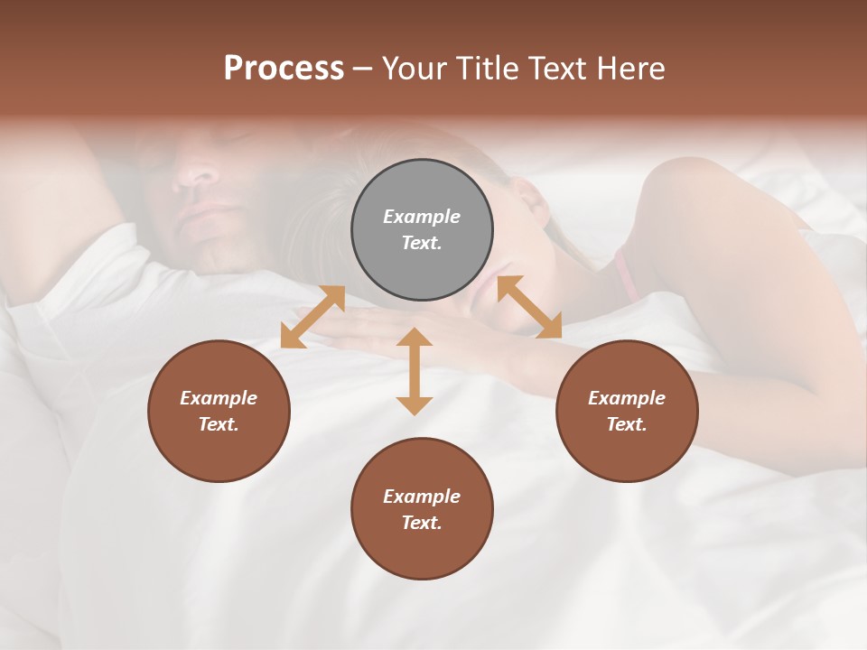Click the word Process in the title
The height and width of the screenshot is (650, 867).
click(284, 69)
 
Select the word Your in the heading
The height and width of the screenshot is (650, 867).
click(413, 69)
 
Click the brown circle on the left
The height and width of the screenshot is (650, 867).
click(219, 411)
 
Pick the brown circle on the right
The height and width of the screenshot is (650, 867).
click(627, 411)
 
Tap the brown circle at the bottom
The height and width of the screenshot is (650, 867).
click(422, 508)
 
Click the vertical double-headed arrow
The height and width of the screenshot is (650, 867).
click(415, 371)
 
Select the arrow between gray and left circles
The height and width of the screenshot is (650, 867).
click(312, 317)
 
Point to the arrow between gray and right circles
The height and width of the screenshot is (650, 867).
click(529, 307)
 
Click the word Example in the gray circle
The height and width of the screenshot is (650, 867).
click(422, 217)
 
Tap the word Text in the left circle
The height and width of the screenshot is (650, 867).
click(219, 424)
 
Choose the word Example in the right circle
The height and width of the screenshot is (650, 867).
click(627, 398)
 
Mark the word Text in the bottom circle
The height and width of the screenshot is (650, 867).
click(422, 523)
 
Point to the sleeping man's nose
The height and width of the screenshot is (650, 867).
click(195, 172)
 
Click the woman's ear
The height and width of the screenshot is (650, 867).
click(533, 203)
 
